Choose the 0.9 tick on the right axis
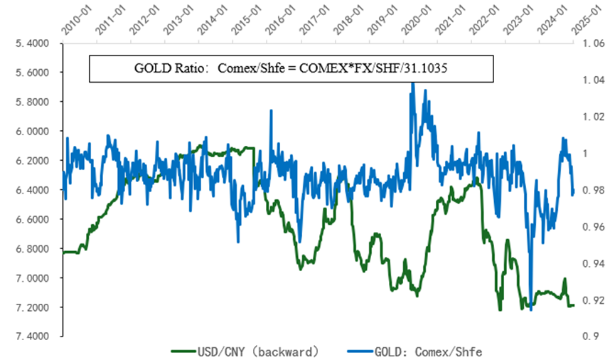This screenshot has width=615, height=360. click(x=592, y=336)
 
